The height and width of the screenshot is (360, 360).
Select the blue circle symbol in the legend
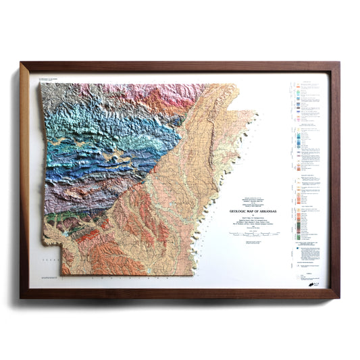pyautogui.click(x=299, y=248)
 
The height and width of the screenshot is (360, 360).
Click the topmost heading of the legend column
pyautogui.click(x=307, y=83)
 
